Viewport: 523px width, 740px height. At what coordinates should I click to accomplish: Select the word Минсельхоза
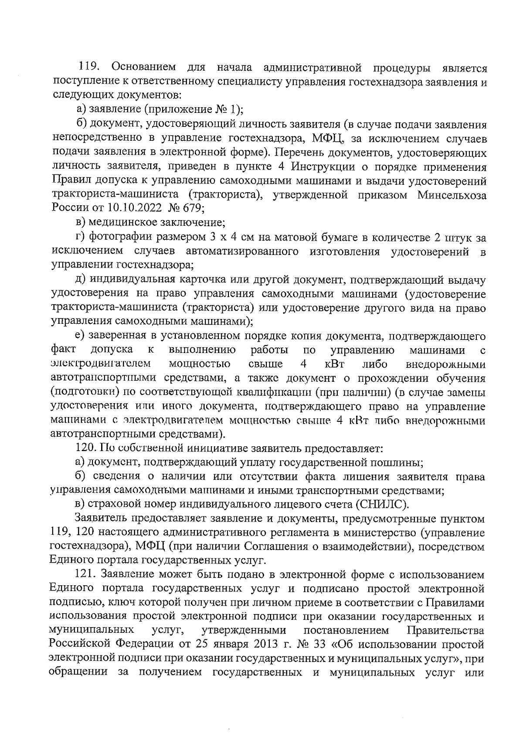(x=452, y=195)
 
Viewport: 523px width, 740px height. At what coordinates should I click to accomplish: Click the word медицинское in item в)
(x=123, y=223)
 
